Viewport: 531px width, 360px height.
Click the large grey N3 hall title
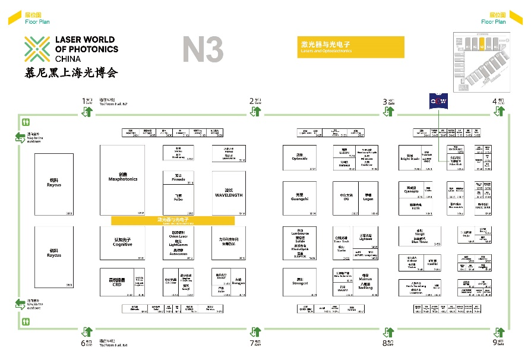click(x=203, y=50)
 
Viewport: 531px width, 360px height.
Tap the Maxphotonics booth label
click(x=122, y=178)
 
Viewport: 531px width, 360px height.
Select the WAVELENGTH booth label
click(x=229, y=194)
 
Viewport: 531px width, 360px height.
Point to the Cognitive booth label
click(x=122, y=244)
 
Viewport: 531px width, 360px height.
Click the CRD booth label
click(x=116, y=283)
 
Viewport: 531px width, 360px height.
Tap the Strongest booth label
click(x=300, y=283)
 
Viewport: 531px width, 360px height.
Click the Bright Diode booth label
click(x=410, y=159)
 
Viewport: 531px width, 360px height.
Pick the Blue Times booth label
click(x=419, y=242)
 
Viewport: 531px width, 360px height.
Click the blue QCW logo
click(x=438, y=102)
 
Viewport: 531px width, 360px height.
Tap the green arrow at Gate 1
click(x=87, y=111)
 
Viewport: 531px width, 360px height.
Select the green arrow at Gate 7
click(x=255, y=331)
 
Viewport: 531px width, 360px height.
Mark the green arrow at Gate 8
click(x=388, y=331)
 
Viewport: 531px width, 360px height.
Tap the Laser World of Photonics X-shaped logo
click(x=37, y=49)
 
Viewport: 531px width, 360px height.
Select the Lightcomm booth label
click(x=178, y=244)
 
